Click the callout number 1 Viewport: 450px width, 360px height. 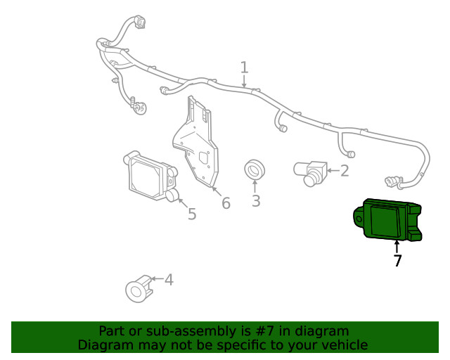pos(244,67)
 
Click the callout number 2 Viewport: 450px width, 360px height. pos(344,170)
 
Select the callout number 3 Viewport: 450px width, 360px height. pos(256,201)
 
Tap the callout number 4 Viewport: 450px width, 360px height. pos(168,280)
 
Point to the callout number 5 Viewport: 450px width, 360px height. pos(191,214)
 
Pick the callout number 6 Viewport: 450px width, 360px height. pos(226,203)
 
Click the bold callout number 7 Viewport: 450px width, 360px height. pos(397,262)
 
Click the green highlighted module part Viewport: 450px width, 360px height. pos(389,220)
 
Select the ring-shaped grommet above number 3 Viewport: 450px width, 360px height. pos(255,169)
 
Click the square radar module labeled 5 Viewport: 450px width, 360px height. pos(148,173)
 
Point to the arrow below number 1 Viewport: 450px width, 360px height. pos(244,82)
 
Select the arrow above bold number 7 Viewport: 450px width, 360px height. pos(397,247)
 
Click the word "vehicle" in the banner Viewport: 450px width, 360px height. pos(342,345)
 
